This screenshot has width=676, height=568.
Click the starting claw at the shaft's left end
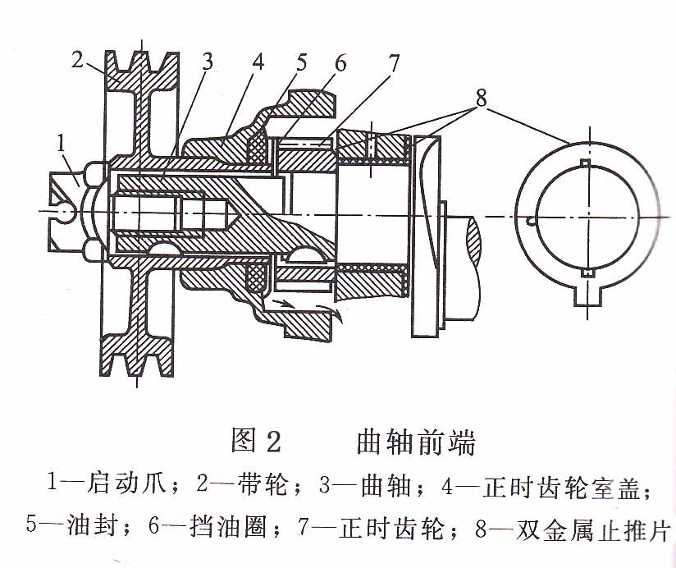(x=70, y=209)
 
